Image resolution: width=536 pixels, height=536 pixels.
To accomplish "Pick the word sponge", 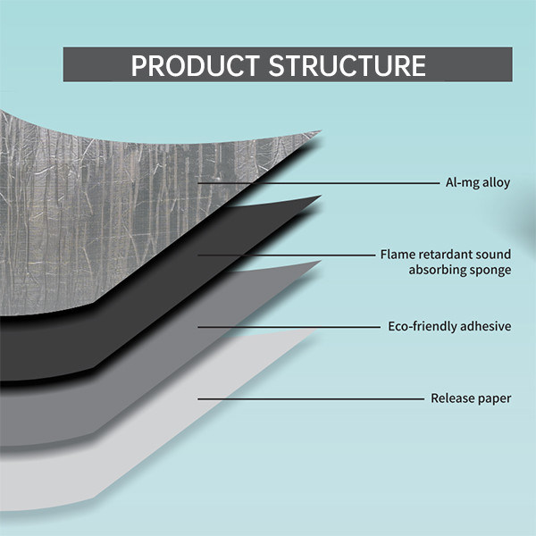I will pos(490,271).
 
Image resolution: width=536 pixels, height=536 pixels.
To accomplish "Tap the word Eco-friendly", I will pos(422,326).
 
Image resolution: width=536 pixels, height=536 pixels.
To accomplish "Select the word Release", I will pos(453,398).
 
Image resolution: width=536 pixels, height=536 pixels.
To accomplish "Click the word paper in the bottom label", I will pos(495,398).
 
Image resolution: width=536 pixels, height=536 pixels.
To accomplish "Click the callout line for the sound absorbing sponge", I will pos(286,255).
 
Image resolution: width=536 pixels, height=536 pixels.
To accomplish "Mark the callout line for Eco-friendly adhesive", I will pos(286,326).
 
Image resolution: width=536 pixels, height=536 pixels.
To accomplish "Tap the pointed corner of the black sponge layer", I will pos(317,197).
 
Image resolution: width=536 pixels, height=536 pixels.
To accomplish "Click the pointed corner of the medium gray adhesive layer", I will pos(317,263).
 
